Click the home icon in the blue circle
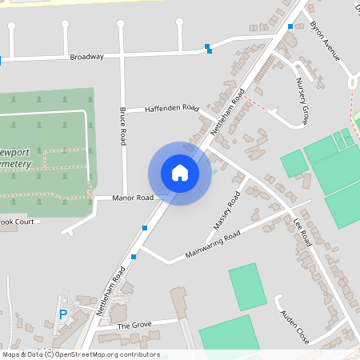click(x=180, y=173)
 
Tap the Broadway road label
click(x=87, y=57)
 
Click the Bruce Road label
click(x=123, y=126)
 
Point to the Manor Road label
click(x=133, y=198)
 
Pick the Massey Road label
click(x=228, y=209)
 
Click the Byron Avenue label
click(x=325, y=42)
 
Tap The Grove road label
click(x=134, y=326)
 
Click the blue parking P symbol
click(x=63, y=314)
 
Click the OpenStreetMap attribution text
click(x=81, y=354)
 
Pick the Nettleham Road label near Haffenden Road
click(x=227, y=111)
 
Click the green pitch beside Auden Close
click(x=247, y=286)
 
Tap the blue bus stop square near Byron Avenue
click(x=290, y=26)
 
